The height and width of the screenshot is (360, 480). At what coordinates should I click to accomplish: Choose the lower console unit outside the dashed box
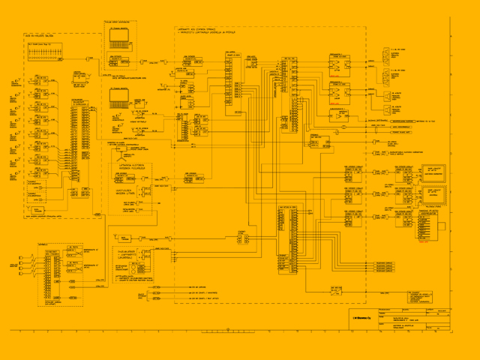118,94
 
